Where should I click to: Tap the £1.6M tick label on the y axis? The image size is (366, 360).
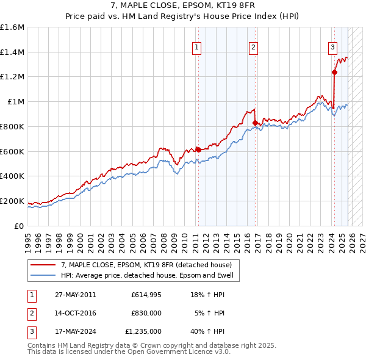pos(12,27)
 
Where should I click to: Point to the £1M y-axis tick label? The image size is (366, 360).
pos(16,102)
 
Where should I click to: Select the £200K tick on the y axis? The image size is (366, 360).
pos(12,201)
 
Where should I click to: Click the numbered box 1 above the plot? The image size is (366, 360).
pos(198,48)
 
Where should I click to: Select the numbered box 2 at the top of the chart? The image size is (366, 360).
pos(253,48)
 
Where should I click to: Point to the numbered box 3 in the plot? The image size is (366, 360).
pos(333,48)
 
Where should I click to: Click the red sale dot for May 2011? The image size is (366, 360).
pos(198,149)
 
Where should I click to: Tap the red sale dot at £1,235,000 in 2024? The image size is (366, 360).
pos(334,73)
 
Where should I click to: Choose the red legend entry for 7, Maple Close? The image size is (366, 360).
pos(146,265)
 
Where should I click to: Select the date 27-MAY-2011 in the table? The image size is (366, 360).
pos(76,294)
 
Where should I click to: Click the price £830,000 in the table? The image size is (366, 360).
pos(146,313)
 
